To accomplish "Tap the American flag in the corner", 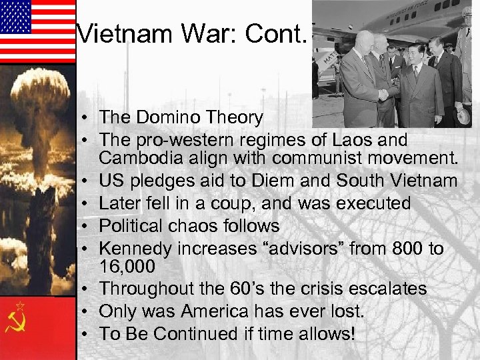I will pos(37,31).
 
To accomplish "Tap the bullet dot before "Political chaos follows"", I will pos(87,226).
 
